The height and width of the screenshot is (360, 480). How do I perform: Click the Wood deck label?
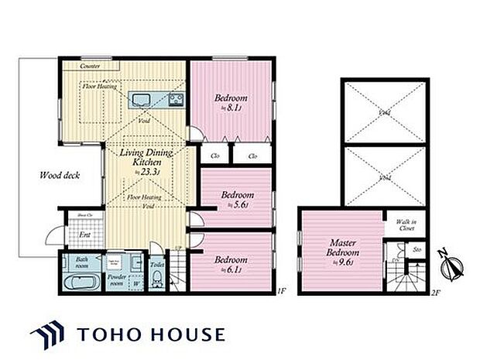(x=59, y=175)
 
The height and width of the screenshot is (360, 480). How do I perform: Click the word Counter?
(x=91, y=67)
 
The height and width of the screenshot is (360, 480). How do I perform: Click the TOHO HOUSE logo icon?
(x=50, y=335)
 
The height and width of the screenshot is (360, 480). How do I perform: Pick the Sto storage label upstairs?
(x=416, y=250)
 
